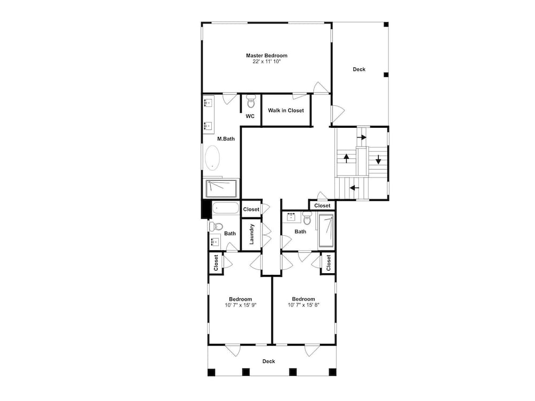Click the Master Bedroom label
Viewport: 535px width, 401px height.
pyautogui.click(x=266, y=55)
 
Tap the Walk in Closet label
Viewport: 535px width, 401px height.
pyautogui.click(x=286, y=111)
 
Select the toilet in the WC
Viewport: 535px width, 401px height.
pyautogui.click(x=251, y=101)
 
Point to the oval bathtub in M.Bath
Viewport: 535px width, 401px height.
pyautogui.click(x=212, y=158)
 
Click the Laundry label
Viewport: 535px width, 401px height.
pyautogui.click(x=252, y=234)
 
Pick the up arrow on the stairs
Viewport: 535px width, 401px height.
pyautogui.click(x=346, y=159)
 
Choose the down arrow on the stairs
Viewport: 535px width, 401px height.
pyautogui.click(x=378, y=159)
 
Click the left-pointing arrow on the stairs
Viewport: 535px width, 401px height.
pyautogui.click(x=355, y=188)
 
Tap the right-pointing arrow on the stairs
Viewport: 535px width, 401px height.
pyautogui.click(x=362, y=137)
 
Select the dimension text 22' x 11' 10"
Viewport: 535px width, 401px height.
pyautogui.click(x=266, y=61)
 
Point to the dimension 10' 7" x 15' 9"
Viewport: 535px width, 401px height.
pyautogui.click(x=241, y=305)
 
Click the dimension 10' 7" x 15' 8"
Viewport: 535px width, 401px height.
pyautogui.click(x=304, y=305)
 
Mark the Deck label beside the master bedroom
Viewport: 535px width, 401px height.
pyautogui.click(x=359, y=69)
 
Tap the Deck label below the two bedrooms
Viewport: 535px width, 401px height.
pyautogui.click(x=269, y=361)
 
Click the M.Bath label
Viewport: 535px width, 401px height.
pyautogui.click(x=226, y=139)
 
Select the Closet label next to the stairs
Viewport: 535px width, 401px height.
pyautogui.click(x=323, y=206)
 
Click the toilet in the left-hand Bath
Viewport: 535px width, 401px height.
pyautogui.click(x=216, y=226)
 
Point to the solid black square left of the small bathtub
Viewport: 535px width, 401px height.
pyautogui.click(x=206, y=209)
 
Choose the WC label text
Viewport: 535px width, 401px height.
pyautogui.click(x=250, y=116)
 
